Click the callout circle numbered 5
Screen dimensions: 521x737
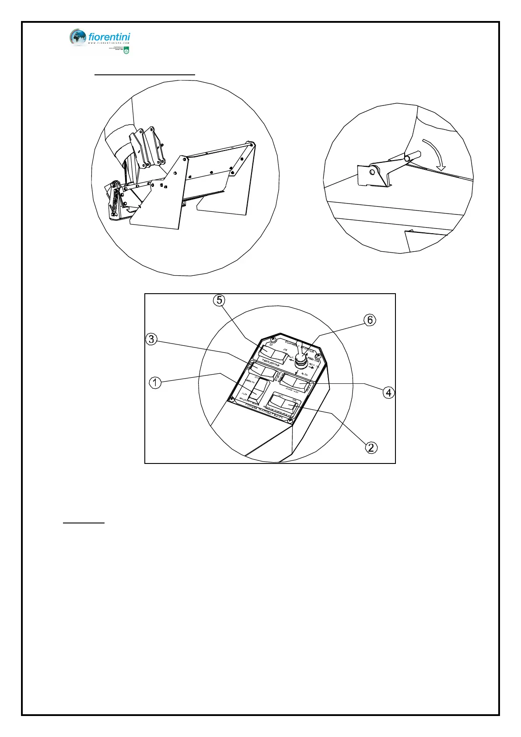tap(219, 300)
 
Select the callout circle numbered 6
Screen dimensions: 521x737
tap(370, 320)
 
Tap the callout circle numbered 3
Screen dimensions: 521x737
tap(151, 339)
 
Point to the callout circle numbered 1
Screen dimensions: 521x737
tap(155, 383)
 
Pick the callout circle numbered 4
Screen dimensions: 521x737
tap(388, 393)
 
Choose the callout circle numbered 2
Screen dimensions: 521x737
tap(371, 447)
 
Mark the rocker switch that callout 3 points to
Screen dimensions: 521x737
tap(264, 372)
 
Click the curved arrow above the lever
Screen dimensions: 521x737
tap(435, 155)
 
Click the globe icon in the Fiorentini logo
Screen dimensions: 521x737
tap(78, 38)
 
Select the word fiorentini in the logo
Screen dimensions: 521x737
tap(109, 37)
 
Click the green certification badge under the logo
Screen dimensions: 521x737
tap(126, 51)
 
